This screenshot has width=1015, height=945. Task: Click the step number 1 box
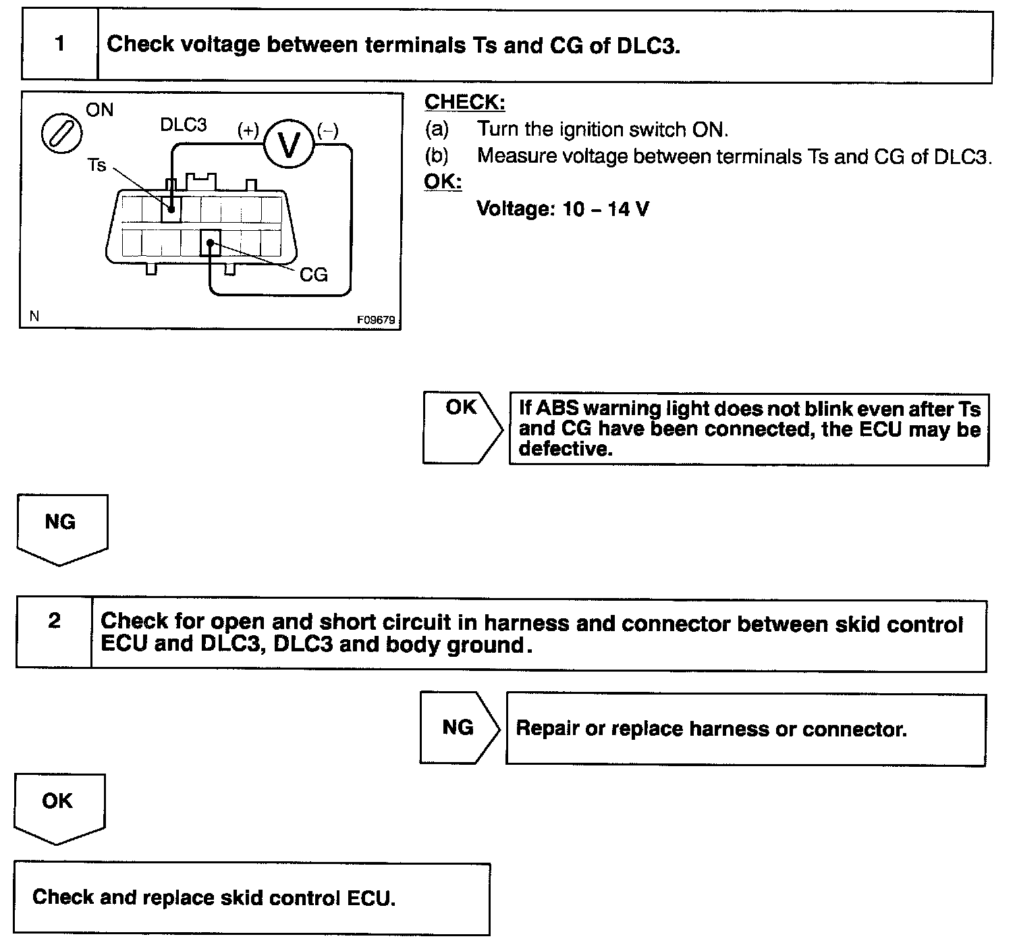coord(60,45)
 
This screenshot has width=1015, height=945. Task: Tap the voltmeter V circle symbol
coord(289,144)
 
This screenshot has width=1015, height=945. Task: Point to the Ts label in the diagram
coord(97,165)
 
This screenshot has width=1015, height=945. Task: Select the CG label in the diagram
coord(313,274)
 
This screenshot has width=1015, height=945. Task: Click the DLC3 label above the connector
coord(184,125)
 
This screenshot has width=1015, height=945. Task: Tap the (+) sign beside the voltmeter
coord(248,130)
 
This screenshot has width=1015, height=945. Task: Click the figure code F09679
coord(376,320)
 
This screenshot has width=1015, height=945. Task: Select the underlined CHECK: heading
coord(464,102)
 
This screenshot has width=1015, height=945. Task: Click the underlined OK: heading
coord(443,182)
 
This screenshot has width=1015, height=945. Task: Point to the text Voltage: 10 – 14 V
coord(563,209)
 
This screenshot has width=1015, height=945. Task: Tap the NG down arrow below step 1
coord(61,527)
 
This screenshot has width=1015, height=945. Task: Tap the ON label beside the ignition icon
coord(100,109)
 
